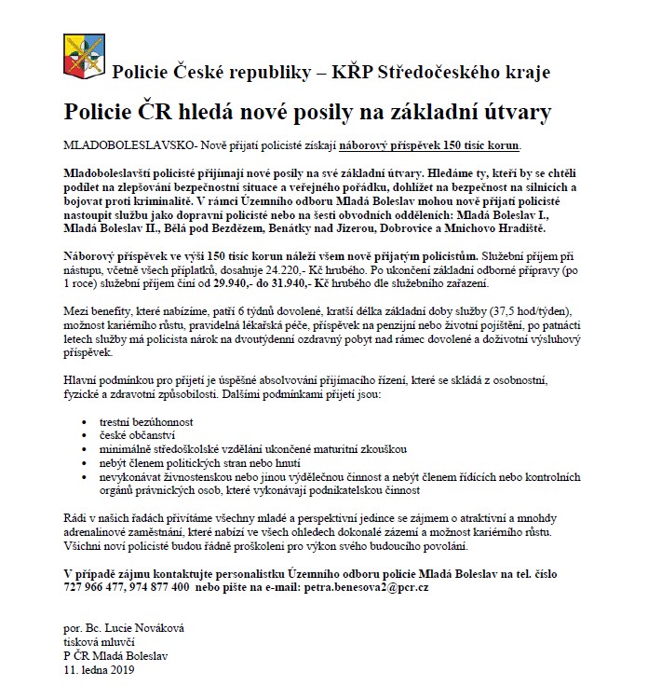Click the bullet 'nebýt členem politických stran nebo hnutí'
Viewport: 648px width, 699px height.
[x=199, y=462]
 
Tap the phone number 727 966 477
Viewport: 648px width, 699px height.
[x=100, y=589]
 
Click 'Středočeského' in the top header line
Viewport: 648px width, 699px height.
[x=436, y=72]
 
